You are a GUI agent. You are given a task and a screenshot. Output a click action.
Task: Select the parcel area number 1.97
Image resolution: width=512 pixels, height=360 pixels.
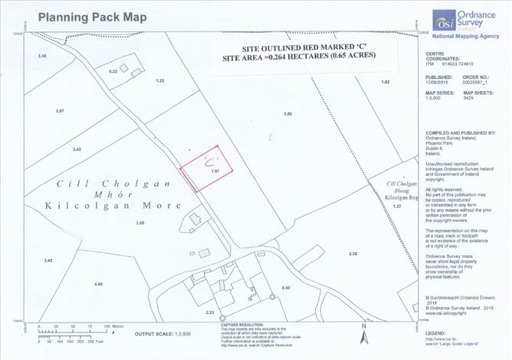[215, 172]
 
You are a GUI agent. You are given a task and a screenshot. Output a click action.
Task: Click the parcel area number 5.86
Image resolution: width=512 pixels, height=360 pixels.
[288, 113]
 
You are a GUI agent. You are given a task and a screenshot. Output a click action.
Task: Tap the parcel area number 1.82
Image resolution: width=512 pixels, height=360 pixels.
[386, 81]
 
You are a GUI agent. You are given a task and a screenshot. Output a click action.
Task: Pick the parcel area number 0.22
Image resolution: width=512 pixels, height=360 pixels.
[113, 70]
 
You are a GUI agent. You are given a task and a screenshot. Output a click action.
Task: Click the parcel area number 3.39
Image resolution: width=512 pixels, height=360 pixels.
[42, 57]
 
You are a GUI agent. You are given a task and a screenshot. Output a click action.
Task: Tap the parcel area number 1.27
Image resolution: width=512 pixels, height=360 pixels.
[396, 207]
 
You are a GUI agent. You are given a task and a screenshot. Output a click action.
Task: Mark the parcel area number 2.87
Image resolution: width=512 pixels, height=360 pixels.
[60, 112]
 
